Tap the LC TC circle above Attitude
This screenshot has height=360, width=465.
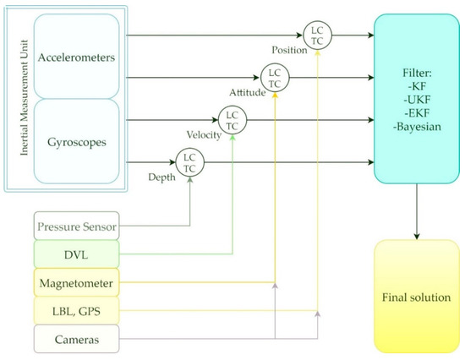[x=275, y=77]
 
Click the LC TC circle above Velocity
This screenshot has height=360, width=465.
[x=232, y=117]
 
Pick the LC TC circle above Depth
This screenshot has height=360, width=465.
[x=189, y=158]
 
